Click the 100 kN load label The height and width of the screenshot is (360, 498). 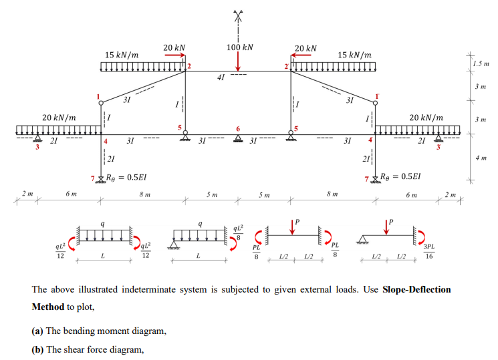coord(240,49)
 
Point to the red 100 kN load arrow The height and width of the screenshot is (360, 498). coord(237,62)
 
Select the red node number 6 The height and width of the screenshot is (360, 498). coord(237,126)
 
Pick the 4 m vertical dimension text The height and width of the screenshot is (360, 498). coord(481,159)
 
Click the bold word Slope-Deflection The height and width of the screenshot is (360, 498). coord(416,290)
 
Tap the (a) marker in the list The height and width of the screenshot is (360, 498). coord(39,331)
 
